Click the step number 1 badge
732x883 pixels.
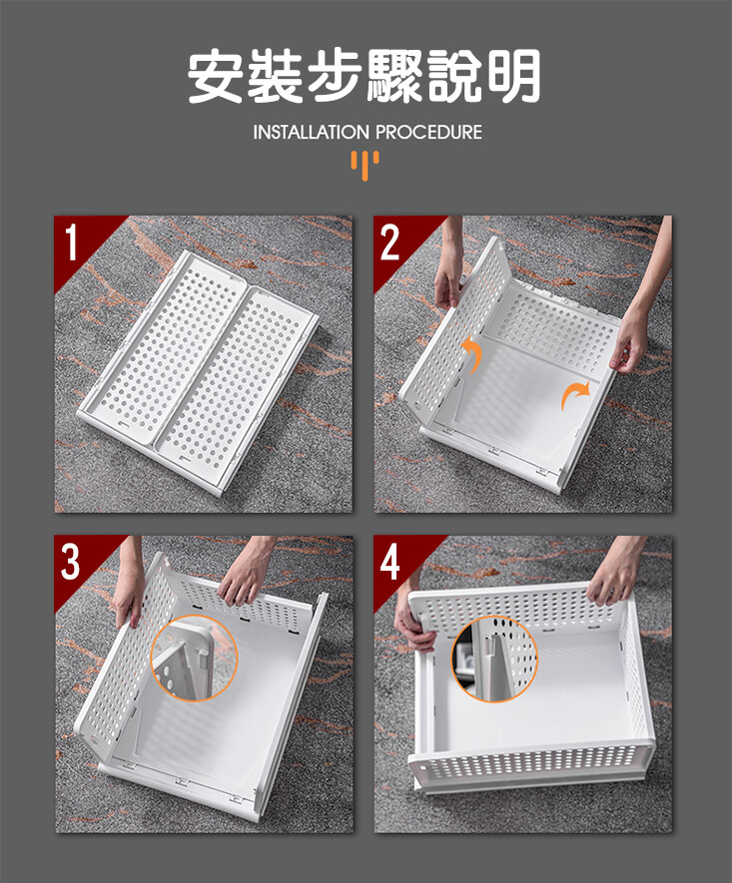tap(71, 242)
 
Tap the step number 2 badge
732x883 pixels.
tap(389, 242)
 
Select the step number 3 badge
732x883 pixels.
tap(71, 562)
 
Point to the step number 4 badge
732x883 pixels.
tap(389, 562)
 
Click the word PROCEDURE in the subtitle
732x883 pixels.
tap(428, 133)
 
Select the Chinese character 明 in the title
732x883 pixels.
tap(513, 76)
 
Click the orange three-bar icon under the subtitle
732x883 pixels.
tap(366, 165)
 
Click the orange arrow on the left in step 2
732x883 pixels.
tap(473, 354)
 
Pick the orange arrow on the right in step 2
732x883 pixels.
tap(573, 395)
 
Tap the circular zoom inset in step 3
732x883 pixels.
tap(195, 658)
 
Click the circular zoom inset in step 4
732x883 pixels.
tap(494, 659)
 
